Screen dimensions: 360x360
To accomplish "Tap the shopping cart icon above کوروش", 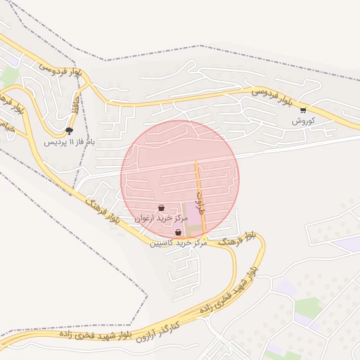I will (x=303, y=110).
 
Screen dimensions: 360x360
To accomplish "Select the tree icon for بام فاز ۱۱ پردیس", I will (x=68, y=130).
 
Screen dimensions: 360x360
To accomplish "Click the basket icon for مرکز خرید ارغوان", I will (x=162, y=207).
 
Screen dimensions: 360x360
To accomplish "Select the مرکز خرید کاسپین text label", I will (x=178, y=243).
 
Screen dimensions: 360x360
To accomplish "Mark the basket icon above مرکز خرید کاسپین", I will (x=178, y=232).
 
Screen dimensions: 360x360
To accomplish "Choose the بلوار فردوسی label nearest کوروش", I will (x=271, y=96).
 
